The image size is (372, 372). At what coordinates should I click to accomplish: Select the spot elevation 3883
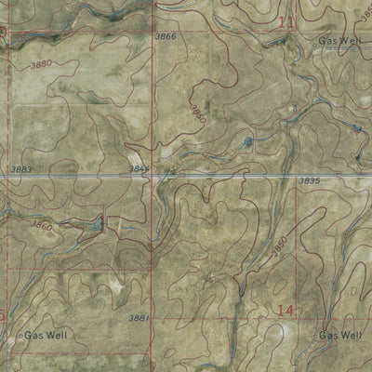pyautogui.click(x=23, y=168)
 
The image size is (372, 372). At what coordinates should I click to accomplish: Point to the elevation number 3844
pyautogui.click(x=139, y=168)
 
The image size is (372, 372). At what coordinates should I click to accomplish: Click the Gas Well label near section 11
pyautogui.click(x=337, y=42)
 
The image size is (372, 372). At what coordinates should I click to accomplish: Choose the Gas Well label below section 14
pyautogui.click(x=339, y=334)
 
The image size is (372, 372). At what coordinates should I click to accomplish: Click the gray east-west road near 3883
pyautogui.click(x=74, y=175)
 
